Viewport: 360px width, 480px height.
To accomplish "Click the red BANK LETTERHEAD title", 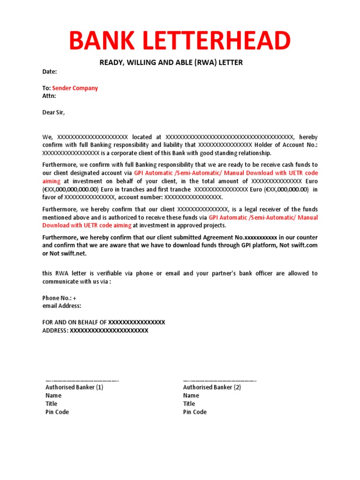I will pyautogui.click(x=180, y=41).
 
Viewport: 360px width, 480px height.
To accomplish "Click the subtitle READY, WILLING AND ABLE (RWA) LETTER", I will pyautogui.click(x=171, y=62).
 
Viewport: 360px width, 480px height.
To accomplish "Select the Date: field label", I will pyautogui.click(x=50, y=72).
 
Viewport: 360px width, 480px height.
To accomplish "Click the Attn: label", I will pyautogui.click(x=49, y=96).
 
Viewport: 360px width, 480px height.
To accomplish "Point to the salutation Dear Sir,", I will pyautogui.click(x=54, y=112).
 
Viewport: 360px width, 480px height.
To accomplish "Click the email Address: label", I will pyautogui.click(x=62, y=306).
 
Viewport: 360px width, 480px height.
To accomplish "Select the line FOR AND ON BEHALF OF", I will pyautogui.click(x=75, y=322).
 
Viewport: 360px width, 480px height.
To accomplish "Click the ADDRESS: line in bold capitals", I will pyautogui.click(x=55, y=330).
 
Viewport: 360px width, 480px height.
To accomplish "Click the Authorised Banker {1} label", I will pyautogui.click(x=74, y=388).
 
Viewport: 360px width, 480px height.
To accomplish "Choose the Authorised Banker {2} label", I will pyautogui.click(x=212, y=388).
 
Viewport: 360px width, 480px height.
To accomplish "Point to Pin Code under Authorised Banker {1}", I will pyautogui.click(x=57, y=412).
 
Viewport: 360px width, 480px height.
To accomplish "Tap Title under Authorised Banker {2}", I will pyautogui.click(x=189, y=404).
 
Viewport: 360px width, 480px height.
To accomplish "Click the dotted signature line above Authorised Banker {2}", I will pyautogui.click(x=219, y=381).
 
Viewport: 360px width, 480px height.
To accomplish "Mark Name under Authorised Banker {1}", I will pyautogui.click(x=53, y=396).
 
